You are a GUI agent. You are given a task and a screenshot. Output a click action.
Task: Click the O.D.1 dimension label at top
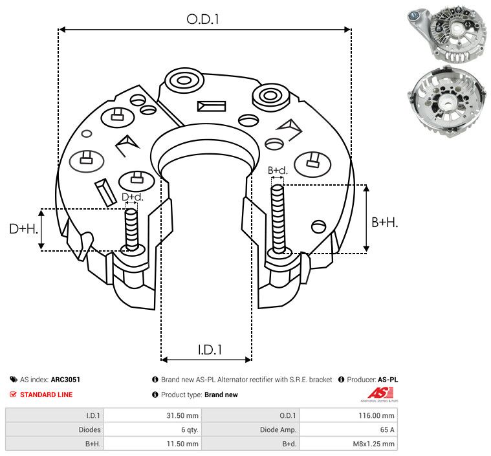coord(203,19)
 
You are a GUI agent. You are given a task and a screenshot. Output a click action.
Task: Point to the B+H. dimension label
coord(384,222)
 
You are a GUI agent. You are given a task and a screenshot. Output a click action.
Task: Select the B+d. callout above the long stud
coord(278,171)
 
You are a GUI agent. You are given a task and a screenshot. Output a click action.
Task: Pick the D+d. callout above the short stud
coord(132,197)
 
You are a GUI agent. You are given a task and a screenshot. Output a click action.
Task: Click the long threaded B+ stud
coord(279,219)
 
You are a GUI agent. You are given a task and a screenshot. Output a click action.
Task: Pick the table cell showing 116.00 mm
coord(349,415)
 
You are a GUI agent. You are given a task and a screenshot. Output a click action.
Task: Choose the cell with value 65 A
coord(349,429)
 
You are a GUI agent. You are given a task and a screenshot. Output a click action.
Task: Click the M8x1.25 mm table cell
coord(349,444)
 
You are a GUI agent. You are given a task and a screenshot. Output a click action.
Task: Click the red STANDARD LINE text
coord(46,395)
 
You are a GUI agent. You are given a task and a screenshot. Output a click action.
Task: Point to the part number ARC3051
coord(65,380)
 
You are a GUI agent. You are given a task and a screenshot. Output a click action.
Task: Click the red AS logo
coord(376,393)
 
